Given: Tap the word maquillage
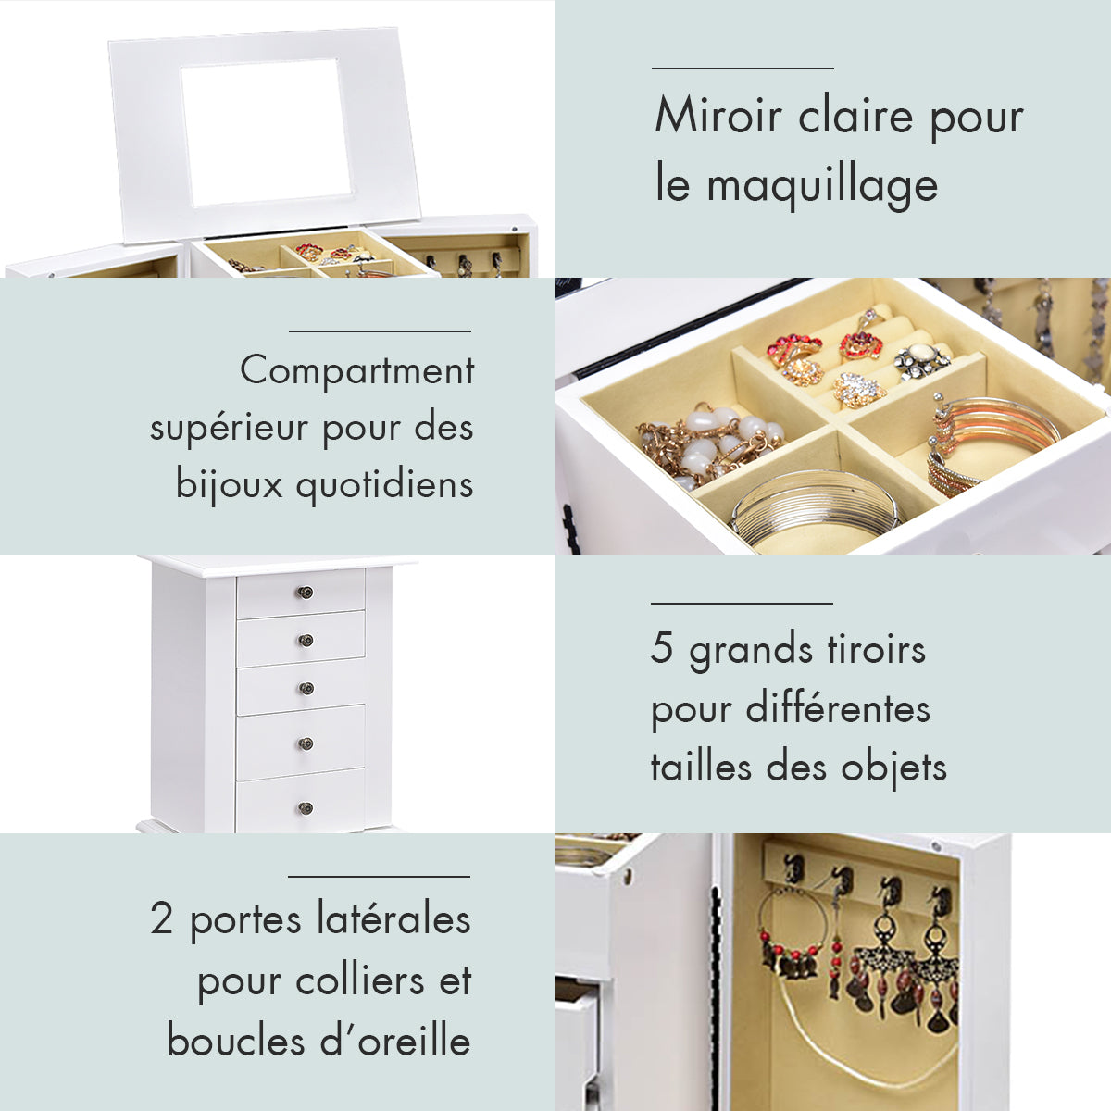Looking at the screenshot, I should [822, 185].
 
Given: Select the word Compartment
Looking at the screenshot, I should [356, 372].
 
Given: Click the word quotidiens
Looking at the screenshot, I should [384, 484].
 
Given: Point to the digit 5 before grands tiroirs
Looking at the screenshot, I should [661, 648].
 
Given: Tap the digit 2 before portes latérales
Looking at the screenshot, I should [162, 919].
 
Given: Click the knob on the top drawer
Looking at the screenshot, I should [306, 593].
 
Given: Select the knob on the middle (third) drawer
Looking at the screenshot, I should [306, 688].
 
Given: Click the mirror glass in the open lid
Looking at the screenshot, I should [266, 131].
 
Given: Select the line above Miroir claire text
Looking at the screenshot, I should [743, 68].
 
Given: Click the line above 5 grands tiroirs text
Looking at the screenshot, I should [742, 603].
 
